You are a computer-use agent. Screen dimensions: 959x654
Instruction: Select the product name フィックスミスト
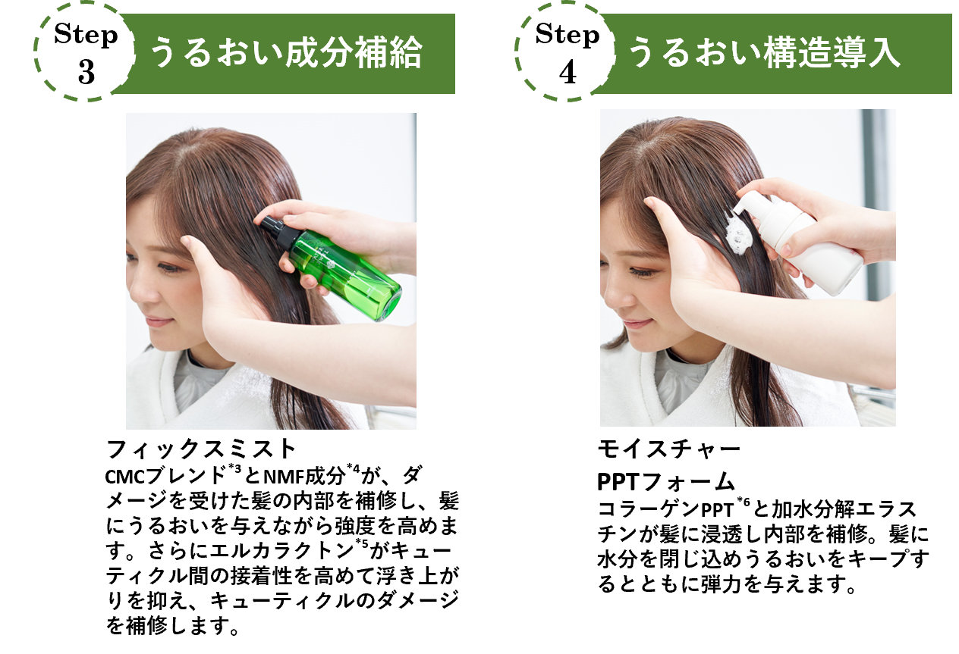point(201,449)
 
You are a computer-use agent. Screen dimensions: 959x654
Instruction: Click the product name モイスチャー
point(668,449)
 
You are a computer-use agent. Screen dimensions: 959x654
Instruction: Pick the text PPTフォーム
point(666,482)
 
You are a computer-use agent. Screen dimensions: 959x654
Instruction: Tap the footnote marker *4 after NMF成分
point(354,468)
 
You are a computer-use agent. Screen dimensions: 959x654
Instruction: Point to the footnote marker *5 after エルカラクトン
point(362,543)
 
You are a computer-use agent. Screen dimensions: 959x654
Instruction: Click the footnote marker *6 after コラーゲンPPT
point(744,501)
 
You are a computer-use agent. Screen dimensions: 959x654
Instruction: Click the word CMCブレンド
point(167,476)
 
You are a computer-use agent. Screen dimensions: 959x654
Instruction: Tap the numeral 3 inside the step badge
point(86,73)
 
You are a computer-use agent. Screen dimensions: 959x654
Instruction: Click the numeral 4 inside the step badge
point(568,73)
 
